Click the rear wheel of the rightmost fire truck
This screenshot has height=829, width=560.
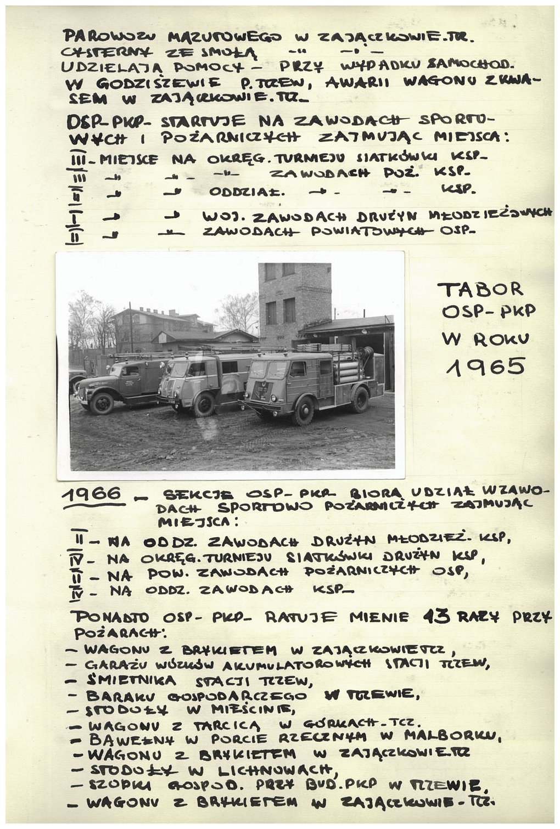[x=360, y=401]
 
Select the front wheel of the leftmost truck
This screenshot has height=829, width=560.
[x=102, y=403]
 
